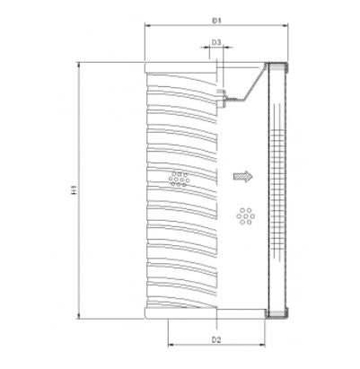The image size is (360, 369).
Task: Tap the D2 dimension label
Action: (x=217, y=339)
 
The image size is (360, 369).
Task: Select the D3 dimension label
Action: (x=217, y=42)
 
